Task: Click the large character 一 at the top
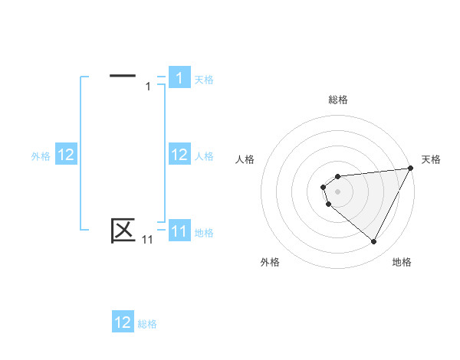[x=123, y=76]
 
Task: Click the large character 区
[x=123, y=230]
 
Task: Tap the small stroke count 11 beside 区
[x=147, y=240]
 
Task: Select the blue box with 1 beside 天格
[x=179, y=78]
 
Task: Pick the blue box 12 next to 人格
[x=179, y=155]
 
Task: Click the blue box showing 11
[x=179, y=231]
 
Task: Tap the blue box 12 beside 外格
[x=66, y=155]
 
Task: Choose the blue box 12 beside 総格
[x=123, y=322]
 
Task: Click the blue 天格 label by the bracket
[x=204, y=79]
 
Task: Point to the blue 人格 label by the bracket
[x=204, y=156]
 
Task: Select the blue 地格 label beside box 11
[x=204, y=232]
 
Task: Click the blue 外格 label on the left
[x=41, y=156]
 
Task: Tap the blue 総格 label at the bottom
[x=147, y=324]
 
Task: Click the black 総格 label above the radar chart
[x=338, y=100]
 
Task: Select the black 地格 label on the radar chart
[x=402, y=262]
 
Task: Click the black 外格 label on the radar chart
[x=270, y=262]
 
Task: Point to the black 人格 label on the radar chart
[x=245, y=159]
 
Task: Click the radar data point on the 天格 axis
[x=410, y=169]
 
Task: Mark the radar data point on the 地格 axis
[x=373, y=242]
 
